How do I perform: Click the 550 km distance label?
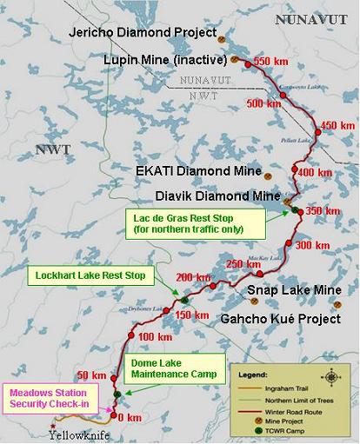[x=270, y=62]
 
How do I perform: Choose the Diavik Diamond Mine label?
[x=207, y=195]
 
